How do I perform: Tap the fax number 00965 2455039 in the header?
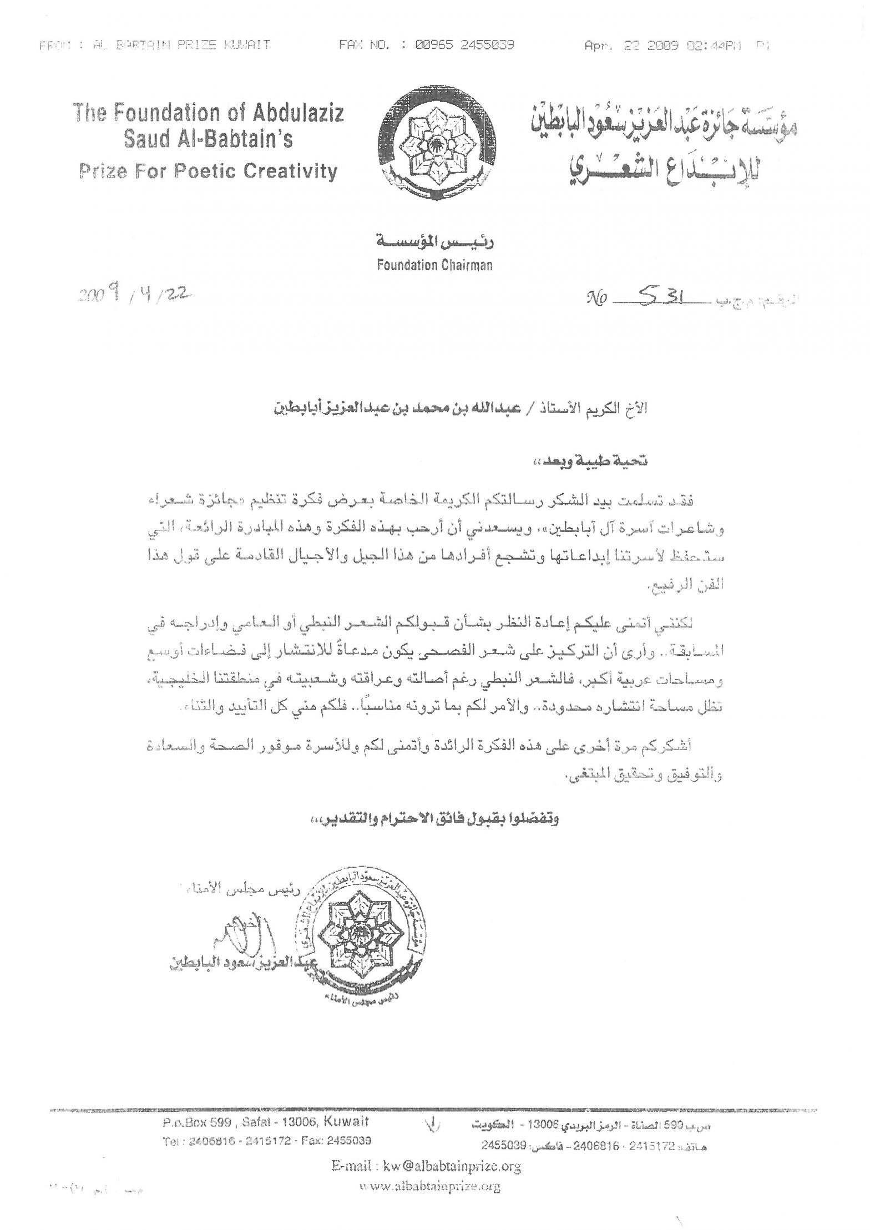tap(465, 45)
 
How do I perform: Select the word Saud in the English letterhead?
tap(146, 139)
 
